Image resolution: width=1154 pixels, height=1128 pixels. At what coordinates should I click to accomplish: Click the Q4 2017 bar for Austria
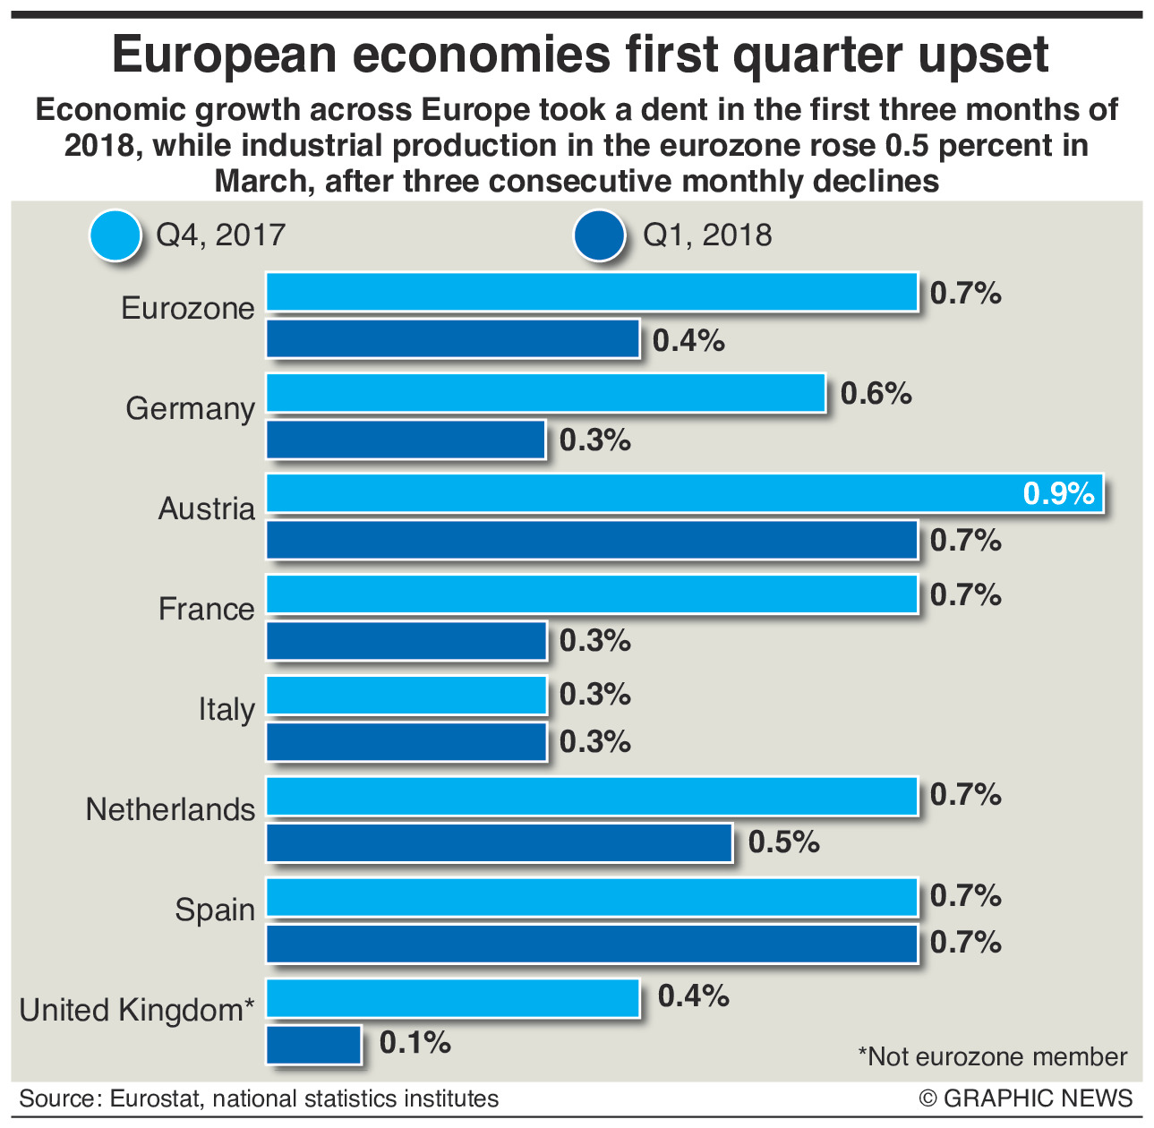tap(685, 493)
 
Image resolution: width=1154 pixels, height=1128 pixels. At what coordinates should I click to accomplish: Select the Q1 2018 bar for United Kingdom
tap(313, 1045)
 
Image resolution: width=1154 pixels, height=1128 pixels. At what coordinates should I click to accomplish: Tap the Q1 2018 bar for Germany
tap(406, 440)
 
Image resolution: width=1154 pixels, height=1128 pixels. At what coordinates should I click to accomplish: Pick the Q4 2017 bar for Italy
tap(406, 695)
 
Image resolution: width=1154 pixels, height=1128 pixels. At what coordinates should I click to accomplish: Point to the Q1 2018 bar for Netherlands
tap(500, 842)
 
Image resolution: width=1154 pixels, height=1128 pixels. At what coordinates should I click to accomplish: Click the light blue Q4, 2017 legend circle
tap(115, 236)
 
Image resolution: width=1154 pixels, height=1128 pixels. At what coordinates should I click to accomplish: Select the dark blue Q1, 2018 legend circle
tap(599, 236)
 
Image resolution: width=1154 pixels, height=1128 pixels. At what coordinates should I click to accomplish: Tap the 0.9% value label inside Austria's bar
tap(1059, 493)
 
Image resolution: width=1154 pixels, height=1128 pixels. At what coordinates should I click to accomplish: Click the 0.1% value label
tap(415, 1042)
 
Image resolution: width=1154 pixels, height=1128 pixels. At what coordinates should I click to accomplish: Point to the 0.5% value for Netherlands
tap(783, 842)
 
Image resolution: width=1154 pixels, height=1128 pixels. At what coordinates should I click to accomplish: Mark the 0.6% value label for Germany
tap(876, 393)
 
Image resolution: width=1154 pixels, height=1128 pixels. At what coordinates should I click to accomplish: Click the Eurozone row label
tap(188, 308)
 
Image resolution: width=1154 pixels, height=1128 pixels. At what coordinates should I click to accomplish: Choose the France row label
tap(207, 609)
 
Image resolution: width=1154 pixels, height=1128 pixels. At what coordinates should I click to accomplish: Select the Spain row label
tap(215, 910)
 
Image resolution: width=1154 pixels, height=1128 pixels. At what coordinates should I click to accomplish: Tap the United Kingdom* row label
tap(137, 1010)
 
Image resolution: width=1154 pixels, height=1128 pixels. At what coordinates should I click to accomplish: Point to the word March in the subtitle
tap(263, 181)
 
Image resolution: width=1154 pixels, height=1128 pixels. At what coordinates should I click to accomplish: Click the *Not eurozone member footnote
tap(992, 1056)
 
